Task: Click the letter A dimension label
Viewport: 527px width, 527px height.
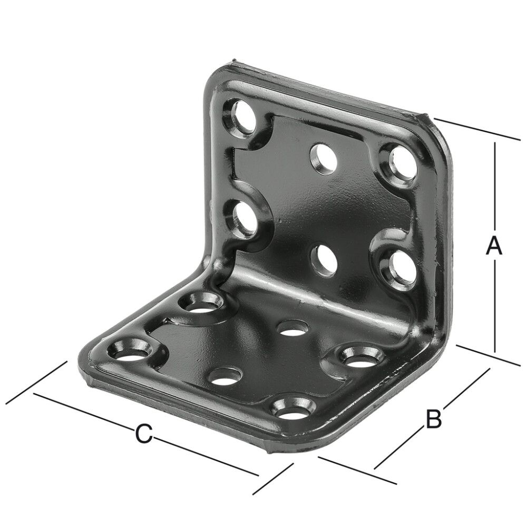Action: (493, 247)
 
